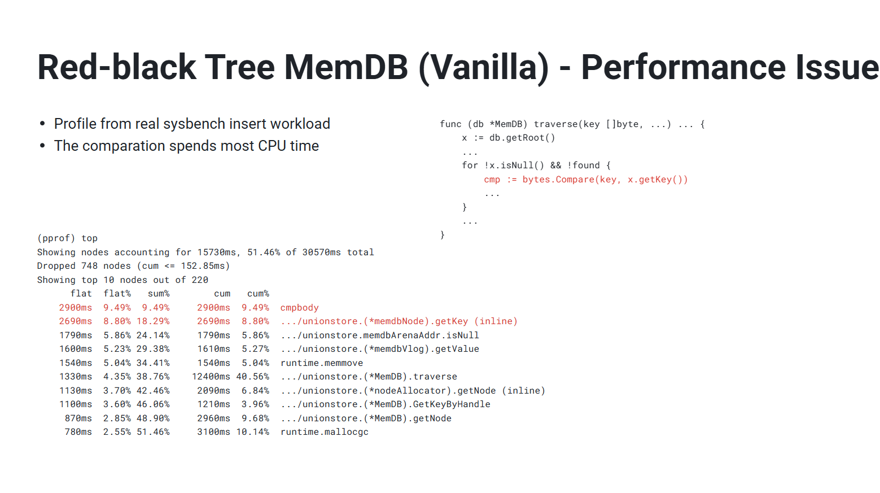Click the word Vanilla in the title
click(484, 67)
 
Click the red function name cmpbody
click(300, 308)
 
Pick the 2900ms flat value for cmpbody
click(76, 308)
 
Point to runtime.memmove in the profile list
click(322, 363)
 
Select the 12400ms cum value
click(211, 377)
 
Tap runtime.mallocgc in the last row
click(325, 432)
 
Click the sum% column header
click(159, 294)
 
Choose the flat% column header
click(117, 294)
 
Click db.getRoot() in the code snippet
click(522, 138)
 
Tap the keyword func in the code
click(450, 124)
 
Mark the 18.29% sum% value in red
click(153, 321)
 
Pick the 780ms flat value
click(78, 432)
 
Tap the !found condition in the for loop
click(584, 165)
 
